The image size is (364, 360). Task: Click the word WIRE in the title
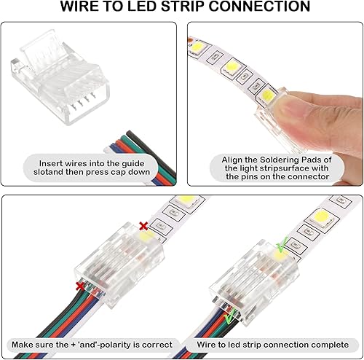coord(83,8)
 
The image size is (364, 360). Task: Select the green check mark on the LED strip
coord(280,247)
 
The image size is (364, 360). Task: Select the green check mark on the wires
coord(229,318)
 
